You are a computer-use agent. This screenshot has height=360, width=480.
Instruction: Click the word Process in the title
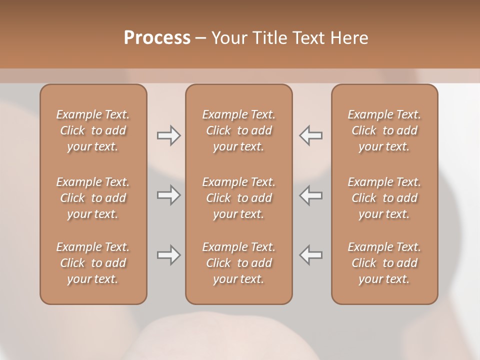(x=157, y=38)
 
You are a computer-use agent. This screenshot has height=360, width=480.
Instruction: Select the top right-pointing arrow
(x=168, y=135)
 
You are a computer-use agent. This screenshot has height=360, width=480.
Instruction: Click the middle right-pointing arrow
(x=168, y=195)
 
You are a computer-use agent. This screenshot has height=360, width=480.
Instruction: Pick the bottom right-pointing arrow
(x=168, y=255)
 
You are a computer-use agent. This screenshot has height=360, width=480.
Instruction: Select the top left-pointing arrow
(x=311, y=135)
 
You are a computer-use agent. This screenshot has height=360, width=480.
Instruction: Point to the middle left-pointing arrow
(x=311, y=195)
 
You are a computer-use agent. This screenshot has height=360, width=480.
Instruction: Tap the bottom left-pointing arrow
(x=311, y=255)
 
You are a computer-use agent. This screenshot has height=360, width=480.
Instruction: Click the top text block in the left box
(x=93, y=130)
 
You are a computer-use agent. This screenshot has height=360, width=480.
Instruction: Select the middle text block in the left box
(x=93, y=198)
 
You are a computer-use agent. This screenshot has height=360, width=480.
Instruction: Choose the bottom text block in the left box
(x=93, y=263)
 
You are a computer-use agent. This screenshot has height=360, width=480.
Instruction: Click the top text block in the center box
(x=238, y=130)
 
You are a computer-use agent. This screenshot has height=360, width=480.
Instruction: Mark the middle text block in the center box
(x=238, y=198)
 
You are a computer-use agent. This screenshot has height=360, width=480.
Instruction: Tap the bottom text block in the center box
(x=238, y=263)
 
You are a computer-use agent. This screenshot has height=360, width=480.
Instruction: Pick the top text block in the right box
(x=384, y=130)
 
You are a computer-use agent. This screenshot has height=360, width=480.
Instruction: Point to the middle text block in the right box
(x=384, y=198)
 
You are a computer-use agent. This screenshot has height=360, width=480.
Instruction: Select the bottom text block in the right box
(x=384, y=263)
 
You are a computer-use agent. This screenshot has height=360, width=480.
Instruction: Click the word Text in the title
(x=308, y=38)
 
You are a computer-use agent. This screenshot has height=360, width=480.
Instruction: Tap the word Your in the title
(x=228, y=38)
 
